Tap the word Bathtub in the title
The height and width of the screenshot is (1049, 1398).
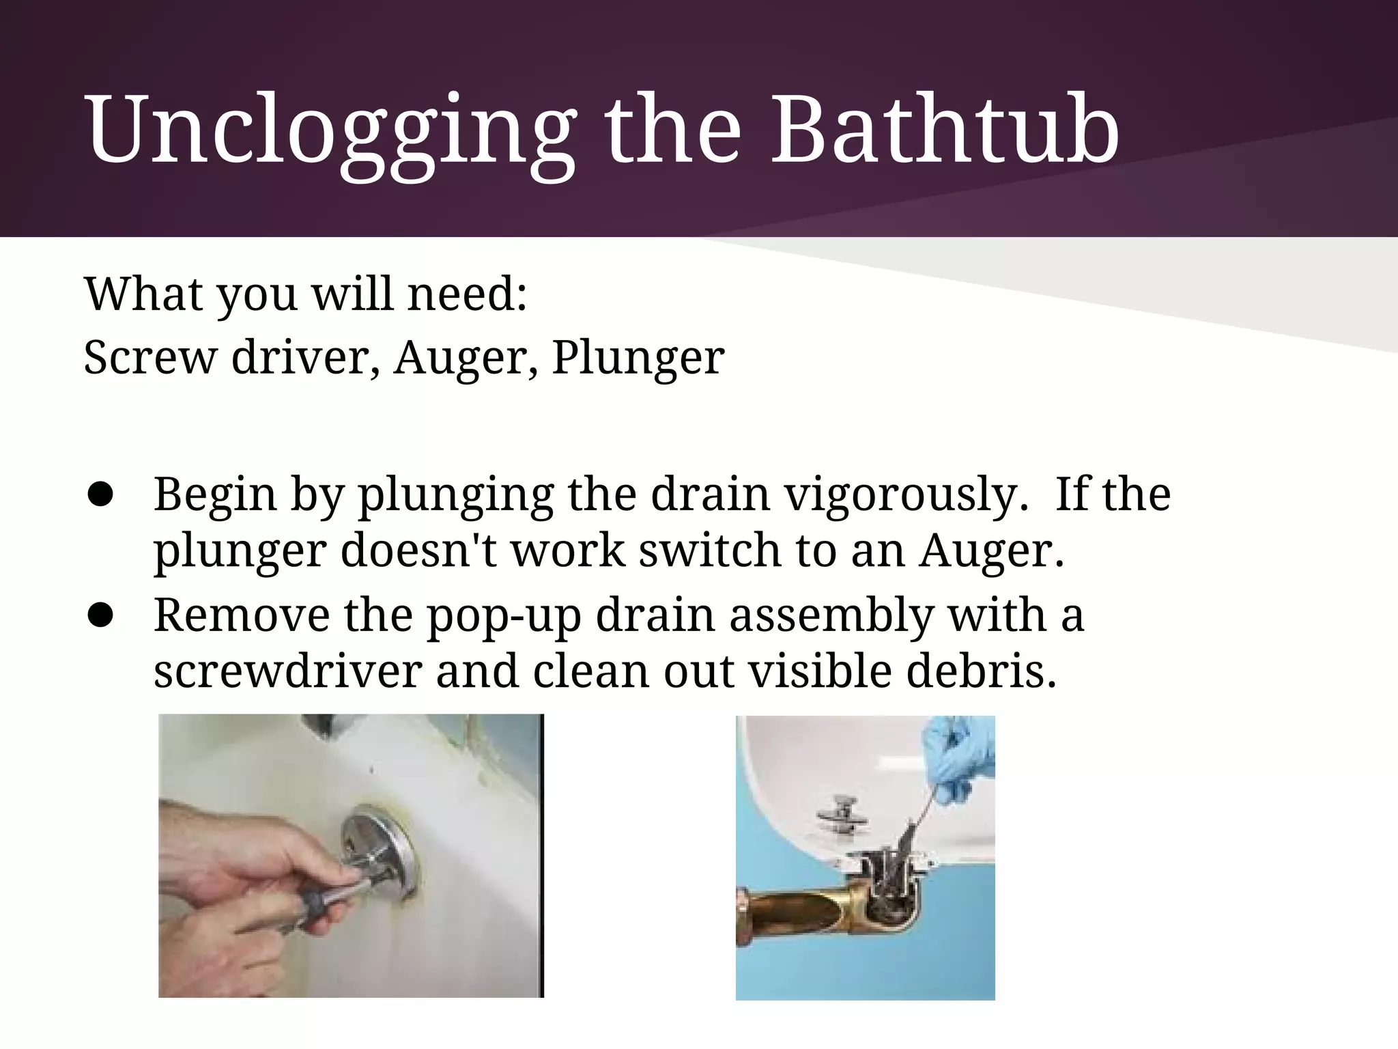pyautogui.click(x=945, y=130)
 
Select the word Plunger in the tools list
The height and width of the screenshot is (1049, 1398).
pyautogui.click(x=638, y=356)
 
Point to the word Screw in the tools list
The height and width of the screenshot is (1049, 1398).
pyautogui.click(x=149, y=356)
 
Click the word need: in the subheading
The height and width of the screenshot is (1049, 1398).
pyautogui.click(x=467, y=294)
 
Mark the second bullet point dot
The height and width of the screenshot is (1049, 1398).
pyautogui.click(x=100, y=616)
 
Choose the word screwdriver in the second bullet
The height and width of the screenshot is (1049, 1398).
pyautogui.click(x=287, y=671)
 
